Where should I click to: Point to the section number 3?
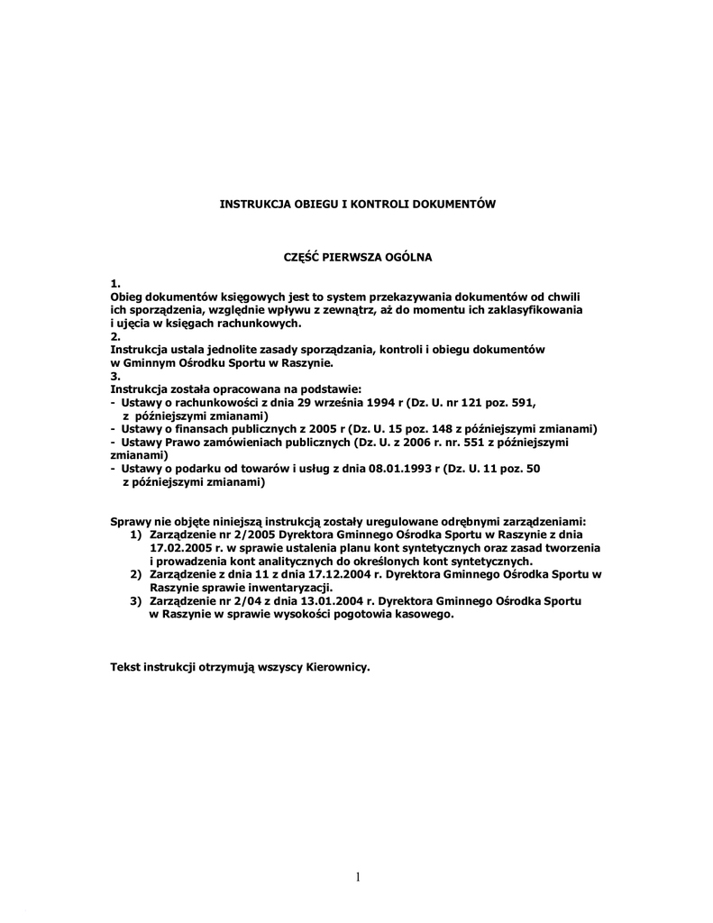point(114,376)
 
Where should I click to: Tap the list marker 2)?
point(136,573)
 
